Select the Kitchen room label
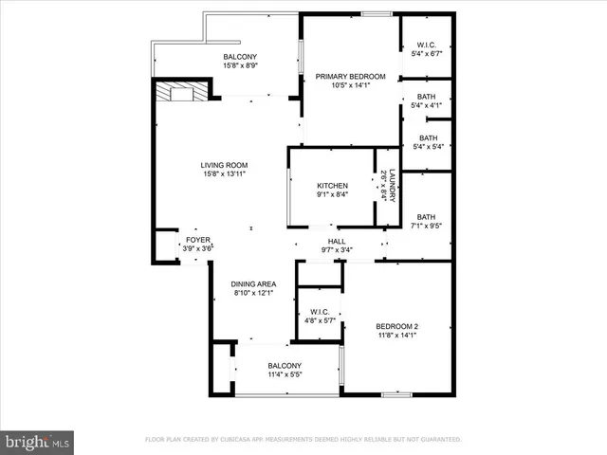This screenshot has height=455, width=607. click(x=332, y=186)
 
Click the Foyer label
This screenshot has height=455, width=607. click(x=197, y=240)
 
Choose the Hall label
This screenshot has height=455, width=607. click(x=336, y=242)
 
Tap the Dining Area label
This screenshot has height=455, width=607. click(x=254, y=283)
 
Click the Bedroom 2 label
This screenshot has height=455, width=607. click(x=395, y=327)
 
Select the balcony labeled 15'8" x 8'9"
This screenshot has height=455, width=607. click(x=239, y=57)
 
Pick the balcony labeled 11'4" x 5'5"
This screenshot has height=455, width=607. click(x=284, y=366)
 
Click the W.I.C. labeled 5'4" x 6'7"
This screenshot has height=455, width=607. click(x=426, y=45)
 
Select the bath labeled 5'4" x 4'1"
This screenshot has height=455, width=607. click(x=426, y=97)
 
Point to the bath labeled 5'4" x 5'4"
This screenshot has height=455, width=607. click(x=426, y=138)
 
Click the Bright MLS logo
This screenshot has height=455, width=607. click(x=38, y=441)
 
